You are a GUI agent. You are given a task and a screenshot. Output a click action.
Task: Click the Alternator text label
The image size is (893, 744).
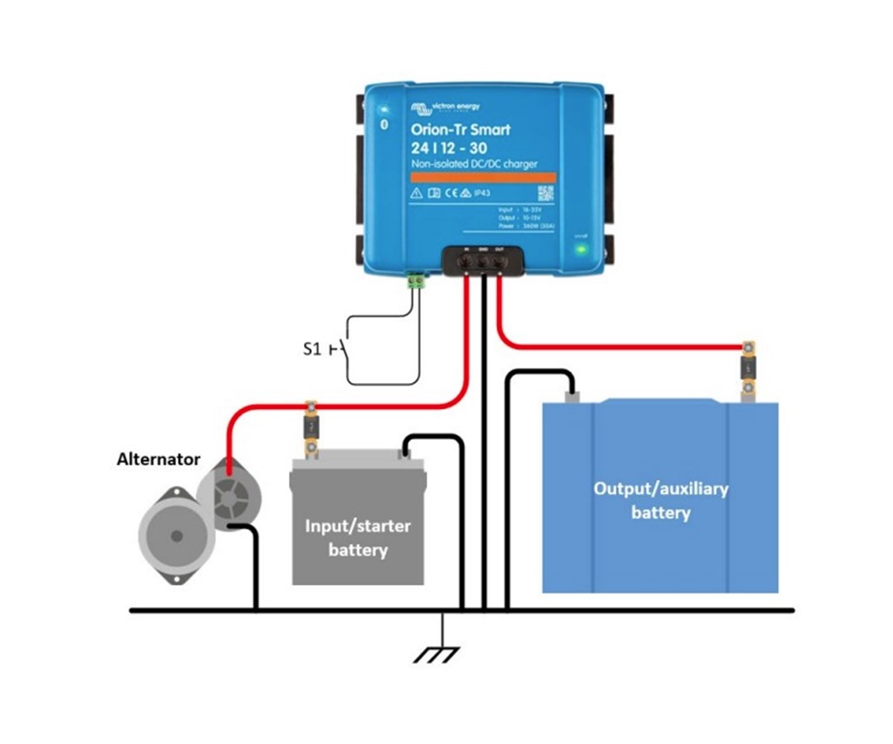(x=158, y=460)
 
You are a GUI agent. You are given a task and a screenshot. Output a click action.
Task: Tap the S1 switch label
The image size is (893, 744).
(x=312, y=348)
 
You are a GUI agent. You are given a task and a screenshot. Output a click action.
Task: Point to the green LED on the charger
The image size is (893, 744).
(x=580, y=249)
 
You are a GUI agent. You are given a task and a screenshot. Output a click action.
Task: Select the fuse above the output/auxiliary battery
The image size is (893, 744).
(x=747, y=367)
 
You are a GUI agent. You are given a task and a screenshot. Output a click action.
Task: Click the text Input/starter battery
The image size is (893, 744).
(x=358, y=538)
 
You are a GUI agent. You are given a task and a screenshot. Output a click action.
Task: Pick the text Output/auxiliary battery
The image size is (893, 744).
(x=660, y=500)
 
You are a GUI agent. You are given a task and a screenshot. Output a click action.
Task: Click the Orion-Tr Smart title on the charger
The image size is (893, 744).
(x=460, y=130)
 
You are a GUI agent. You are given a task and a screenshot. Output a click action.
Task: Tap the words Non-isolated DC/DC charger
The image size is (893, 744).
(x=473, y=163)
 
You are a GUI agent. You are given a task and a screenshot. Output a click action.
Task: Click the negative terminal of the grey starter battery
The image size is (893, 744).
(x=406, y=455)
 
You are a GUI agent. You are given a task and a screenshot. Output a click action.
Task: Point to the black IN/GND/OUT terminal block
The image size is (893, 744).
(x=482, y=260)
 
